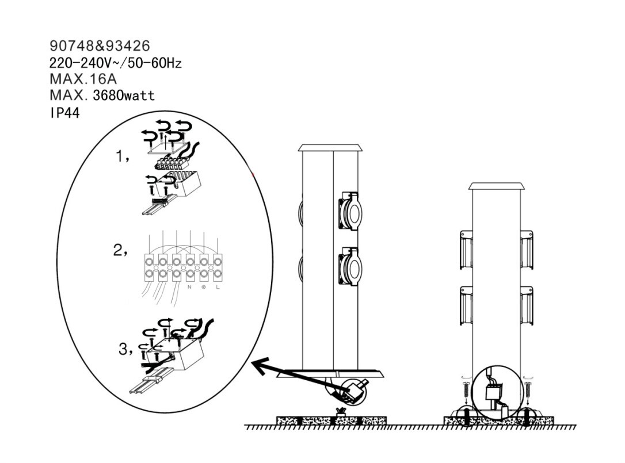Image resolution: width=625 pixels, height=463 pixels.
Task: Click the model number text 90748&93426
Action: [100, 46]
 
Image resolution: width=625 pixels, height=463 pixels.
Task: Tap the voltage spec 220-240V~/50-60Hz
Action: [116, 63]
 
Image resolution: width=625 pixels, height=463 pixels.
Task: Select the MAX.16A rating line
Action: [83, 79]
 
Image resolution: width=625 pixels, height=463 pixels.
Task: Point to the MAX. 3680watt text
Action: [102, 95]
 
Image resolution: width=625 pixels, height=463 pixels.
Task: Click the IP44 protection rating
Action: [64, 113]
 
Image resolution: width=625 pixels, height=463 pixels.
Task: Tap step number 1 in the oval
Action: [123, 156]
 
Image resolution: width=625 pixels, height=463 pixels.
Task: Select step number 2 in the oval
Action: [121, 250]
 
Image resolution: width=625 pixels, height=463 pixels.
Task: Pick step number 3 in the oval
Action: [126, 349]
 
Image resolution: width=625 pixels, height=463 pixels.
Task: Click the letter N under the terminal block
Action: [189, 287]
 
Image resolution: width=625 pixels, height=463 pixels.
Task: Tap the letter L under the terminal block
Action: [218, 287]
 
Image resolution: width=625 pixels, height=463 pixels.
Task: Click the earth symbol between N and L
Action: [203, 287]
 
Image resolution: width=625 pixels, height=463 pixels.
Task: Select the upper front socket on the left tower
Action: [350, 211]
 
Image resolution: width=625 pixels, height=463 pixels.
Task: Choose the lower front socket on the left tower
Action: [350, 266]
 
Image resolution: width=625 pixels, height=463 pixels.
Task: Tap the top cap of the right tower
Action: [496, 186]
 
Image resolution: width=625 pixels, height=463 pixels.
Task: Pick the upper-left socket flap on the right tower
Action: [466, 250]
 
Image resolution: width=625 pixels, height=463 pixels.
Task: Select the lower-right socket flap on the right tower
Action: [527, 305]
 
